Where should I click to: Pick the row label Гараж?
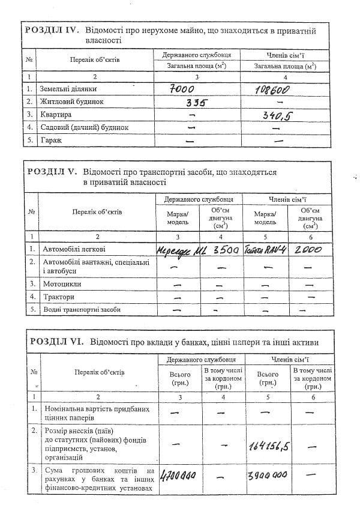coord(51,140)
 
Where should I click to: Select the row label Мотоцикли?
coord(62,283)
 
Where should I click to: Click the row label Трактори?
coord(58,297)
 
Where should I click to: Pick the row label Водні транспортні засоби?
coord(81,310)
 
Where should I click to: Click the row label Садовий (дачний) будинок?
coord(85,127)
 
